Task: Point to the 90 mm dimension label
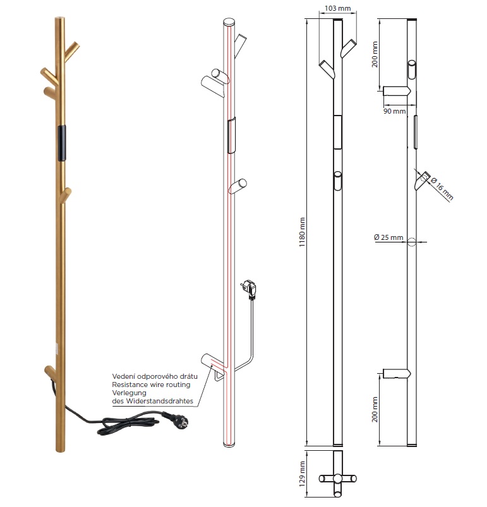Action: [394, 111]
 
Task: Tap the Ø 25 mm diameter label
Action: [388, 237]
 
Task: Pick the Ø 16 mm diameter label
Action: [444, 189]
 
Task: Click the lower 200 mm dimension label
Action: [375, 410]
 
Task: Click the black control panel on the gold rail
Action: [61, 143]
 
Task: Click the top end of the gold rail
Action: [59, 20]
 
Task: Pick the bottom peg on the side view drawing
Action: [396, 373]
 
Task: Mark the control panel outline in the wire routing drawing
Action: [231, 134]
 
